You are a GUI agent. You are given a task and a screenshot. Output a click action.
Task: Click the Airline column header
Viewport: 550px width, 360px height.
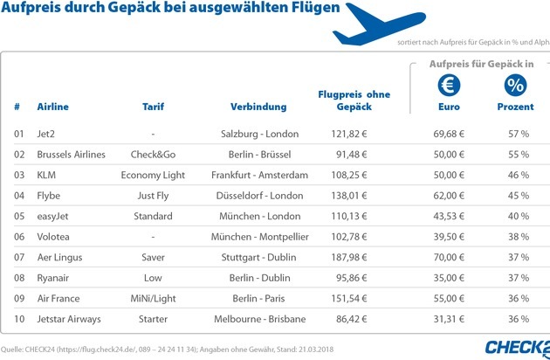click(52, 107)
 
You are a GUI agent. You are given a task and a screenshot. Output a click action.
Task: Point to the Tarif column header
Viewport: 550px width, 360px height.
click(153, 107)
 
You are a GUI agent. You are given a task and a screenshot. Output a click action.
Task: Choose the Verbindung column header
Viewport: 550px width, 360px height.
click(258, 107)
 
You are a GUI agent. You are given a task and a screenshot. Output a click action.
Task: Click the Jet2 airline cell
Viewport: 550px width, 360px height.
click(47, 134)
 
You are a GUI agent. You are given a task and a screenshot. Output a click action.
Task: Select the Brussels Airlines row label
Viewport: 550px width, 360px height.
click(71, 154)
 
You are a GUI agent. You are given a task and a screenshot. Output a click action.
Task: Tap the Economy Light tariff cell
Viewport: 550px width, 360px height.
click(153, 174)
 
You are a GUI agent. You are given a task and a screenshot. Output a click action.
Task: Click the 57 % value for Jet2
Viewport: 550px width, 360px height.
click(519, 134)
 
